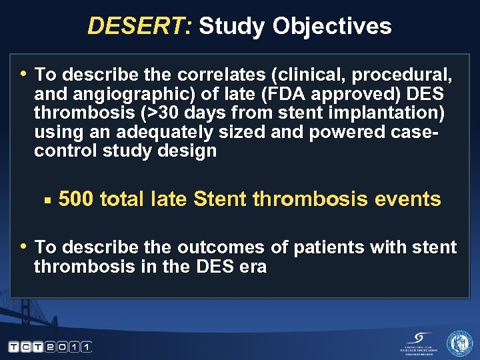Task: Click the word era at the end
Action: pyautogui.click(x=253, y=267)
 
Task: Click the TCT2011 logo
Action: pyautogui.click(x=49, y=347)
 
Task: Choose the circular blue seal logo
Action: pyautogui.click(x=459, y=343)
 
